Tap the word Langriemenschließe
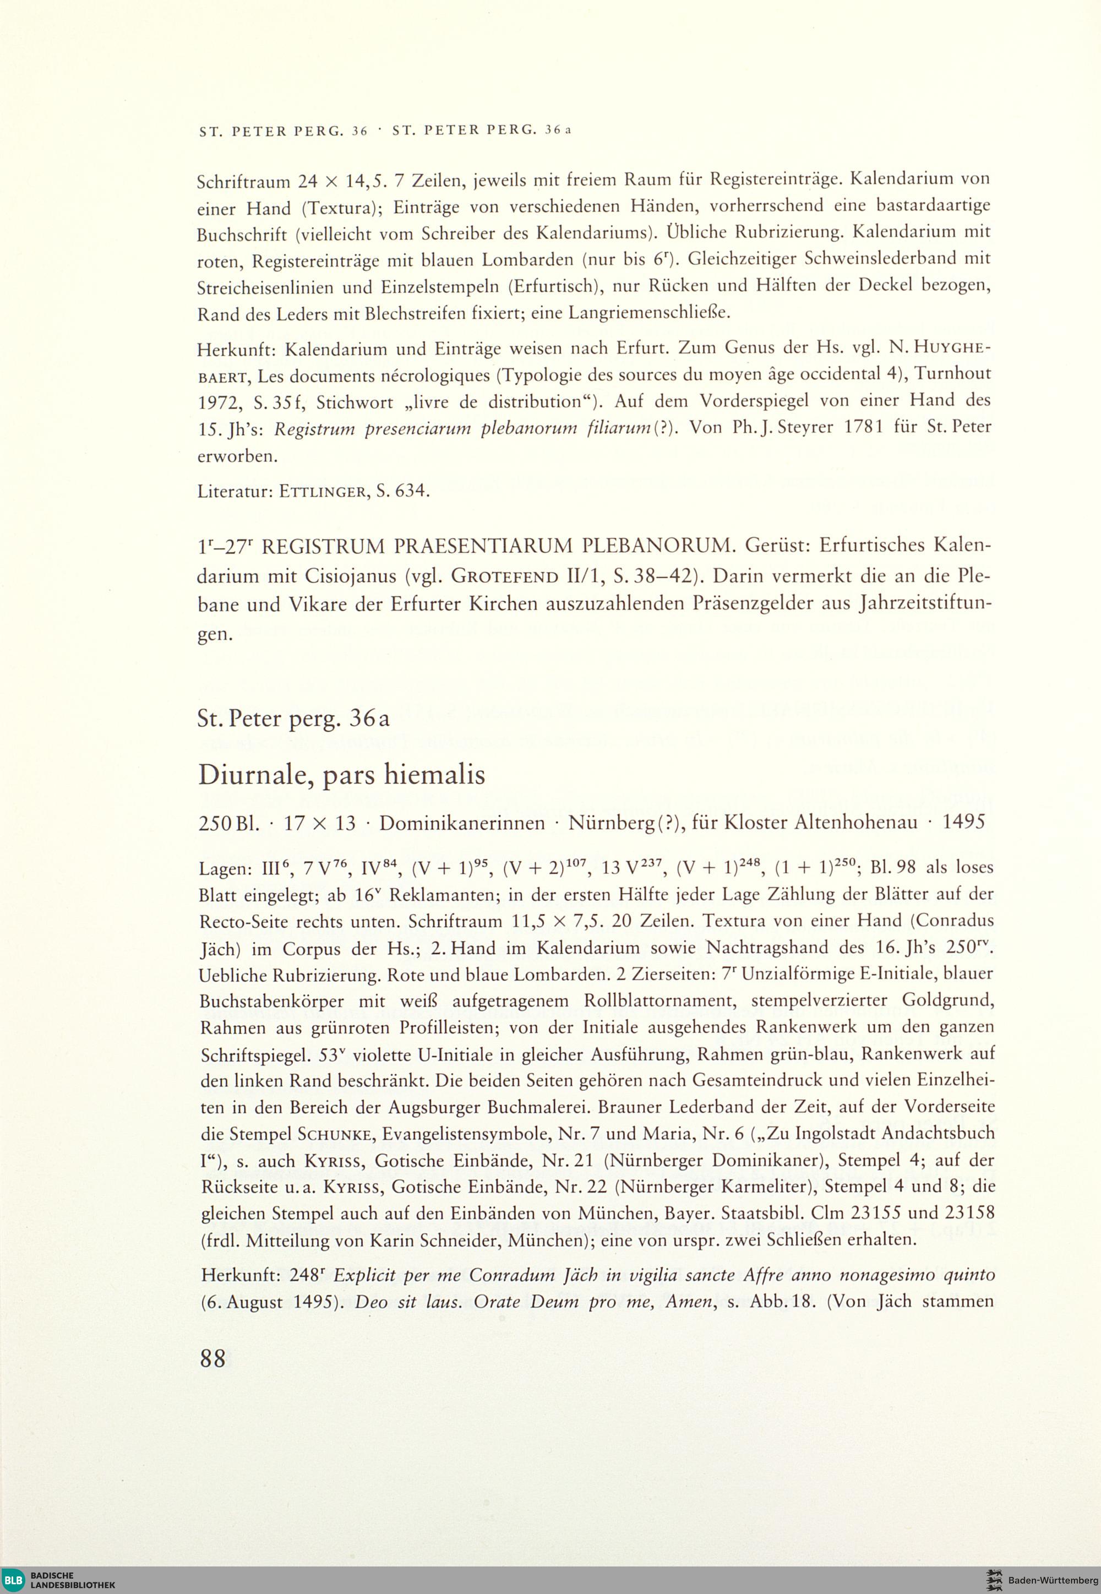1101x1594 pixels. coord(648,313)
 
